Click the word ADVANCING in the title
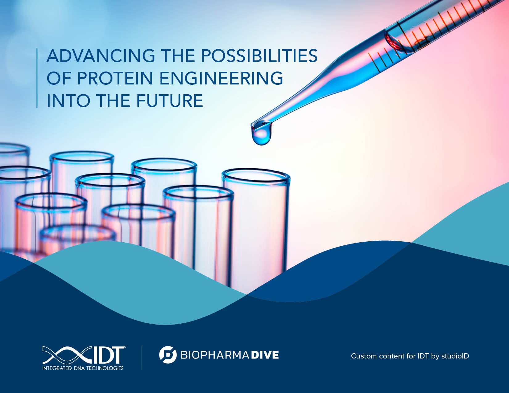point(101,56)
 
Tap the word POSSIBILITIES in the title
point(259,56)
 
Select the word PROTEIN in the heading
point(115,78)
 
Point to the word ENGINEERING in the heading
point(221,78)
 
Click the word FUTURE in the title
point(170,100)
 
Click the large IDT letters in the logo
point(109,355)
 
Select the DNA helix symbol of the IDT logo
point(68,355)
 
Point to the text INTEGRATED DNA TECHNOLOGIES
point(83,368)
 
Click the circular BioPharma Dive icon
point(168,355)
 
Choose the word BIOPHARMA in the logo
point(215,355)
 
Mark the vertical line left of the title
point(37,78)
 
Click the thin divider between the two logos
point(142,358)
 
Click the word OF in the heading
point(58,78)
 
